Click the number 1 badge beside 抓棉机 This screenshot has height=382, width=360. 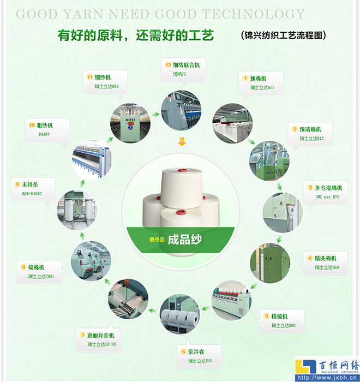(245, 78)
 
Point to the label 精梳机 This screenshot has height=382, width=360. (279, 317)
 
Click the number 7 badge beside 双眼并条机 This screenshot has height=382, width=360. (82, 335)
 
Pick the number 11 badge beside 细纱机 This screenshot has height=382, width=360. (89, 77)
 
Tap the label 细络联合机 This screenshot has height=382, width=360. (187, 65)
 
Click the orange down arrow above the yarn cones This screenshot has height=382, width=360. (181, 142)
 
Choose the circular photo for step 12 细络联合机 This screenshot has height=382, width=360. (181, 110)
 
